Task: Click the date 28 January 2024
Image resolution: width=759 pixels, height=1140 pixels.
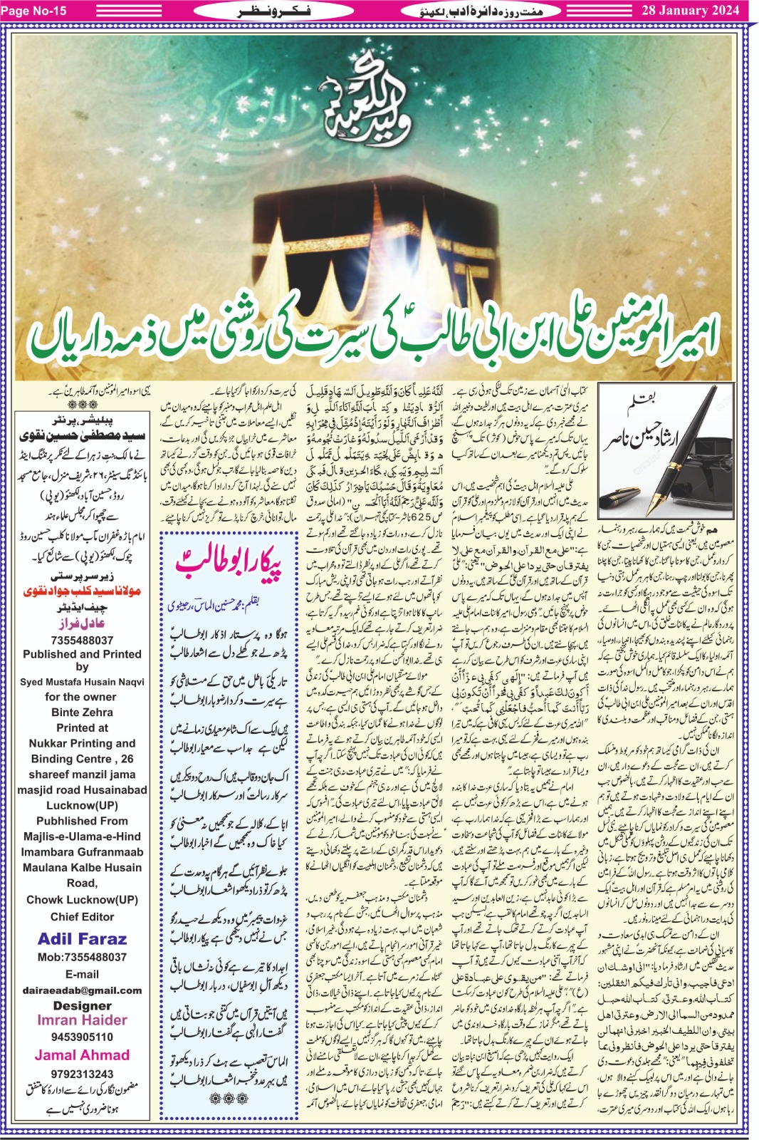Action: point(691,11)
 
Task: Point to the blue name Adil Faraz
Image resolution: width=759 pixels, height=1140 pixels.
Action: point(82,938)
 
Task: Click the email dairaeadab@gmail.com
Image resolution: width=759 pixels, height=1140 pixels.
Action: point(82,990)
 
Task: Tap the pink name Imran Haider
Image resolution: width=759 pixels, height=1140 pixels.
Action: point(82,1020)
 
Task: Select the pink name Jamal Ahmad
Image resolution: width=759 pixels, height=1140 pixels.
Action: point(82,1055)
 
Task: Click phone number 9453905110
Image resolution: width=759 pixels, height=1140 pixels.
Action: point(82,1037)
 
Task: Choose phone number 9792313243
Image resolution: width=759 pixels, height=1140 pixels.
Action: point(82,1074)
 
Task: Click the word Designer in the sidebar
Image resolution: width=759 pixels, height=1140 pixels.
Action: point(82,1005)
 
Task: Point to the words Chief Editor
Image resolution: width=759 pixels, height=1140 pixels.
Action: point(82,916)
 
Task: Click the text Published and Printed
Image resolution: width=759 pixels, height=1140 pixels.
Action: point(82,654)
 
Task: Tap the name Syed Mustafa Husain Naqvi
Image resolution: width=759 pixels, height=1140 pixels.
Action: point(82,682)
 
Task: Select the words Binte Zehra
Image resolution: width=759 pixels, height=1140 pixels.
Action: point(82,712)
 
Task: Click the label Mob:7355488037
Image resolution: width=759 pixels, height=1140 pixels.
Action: point(82,957)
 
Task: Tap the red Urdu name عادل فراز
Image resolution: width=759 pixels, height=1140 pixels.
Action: point(82,623)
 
